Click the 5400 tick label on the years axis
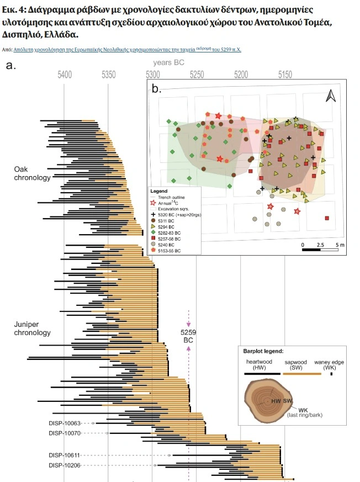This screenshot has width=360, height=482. [65, 74]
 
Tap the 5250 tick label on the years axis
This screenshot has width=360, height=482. [197, 74]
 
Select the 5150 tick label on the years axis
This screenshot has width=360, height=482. [285, 74]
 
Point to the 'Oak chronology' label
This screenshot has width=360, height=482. [32, 174]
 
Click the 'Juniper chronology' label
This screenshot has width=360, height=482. [32, 329]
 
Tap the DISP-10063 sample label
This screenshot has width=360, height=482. [65, 423]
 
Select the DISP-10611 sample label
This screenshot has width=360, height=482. [65, 455]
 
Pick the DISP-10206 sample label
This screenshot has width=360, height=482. [65, 465]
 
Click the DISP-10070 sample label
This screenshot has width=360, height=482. [65, 433]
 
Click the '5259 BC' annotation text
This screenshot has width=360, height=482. [188, 336]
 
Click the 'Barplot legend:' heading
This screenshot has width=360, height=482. [263, 351]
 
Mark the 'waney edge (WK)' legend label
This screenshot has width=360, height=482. [331, 365]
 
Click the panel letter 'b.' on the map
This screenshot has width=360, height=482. [156, 89]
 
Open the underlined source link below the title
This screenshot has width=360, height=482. [127, 50]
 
